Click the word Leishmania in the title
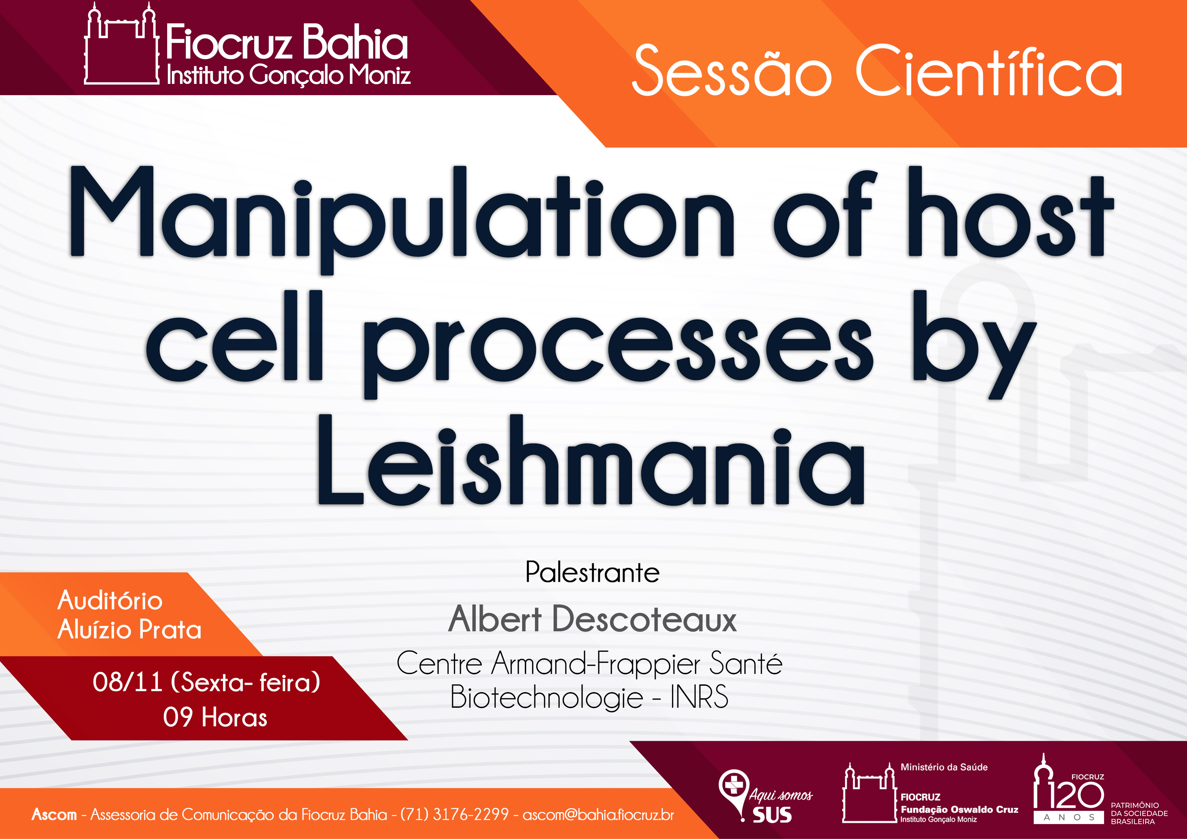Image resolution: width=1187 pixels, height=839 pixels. [x=591, y=460]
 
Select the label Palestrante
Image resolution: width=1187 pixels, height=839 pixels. [x=592, y=572]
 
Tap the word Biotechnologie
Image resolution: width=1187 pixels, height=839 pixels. [x=546, y=697]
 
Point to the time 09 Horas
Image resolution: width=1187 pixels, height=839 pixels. [x=215, y=718]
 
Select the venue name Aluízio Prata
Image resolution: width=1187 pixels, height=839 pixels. [x=129, y=630]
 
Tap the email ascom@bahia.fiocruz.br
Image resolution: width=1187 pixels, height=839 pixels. [x=598, y=815]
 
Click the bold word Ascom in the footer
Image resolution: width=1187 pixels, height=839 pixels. [x=54, y=814]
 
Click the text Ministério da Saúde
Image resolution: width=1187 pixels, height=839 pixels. [x=944, y=767]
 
